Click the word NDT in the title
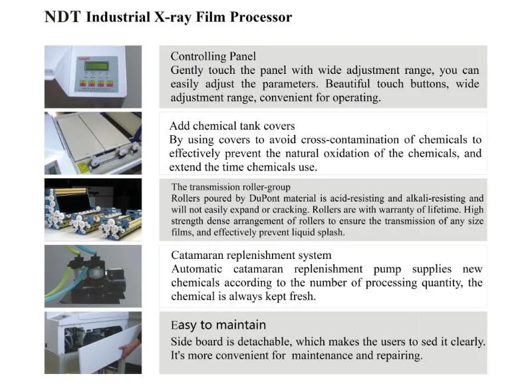coord(62,17)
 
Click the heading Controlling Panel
coord(213,57)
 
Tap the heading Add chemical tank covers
coord(232,126)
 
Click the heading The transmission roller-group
coord(230,187)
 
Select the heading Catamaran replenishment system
coord(251,255)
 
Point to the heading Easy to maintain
coord(218,325)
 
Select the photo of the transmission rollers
coord(92,208)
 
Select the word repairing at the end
coord(396,355)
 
